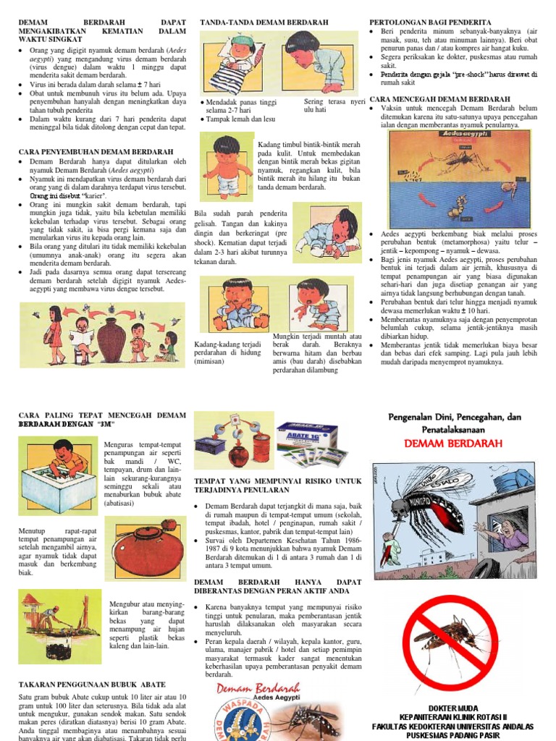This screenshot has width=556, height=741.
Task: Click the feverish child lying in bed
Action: tap(237, 62)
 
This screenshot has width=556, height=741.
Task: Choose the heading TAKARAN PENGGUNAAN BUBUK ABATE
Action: tap(92, 685)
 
